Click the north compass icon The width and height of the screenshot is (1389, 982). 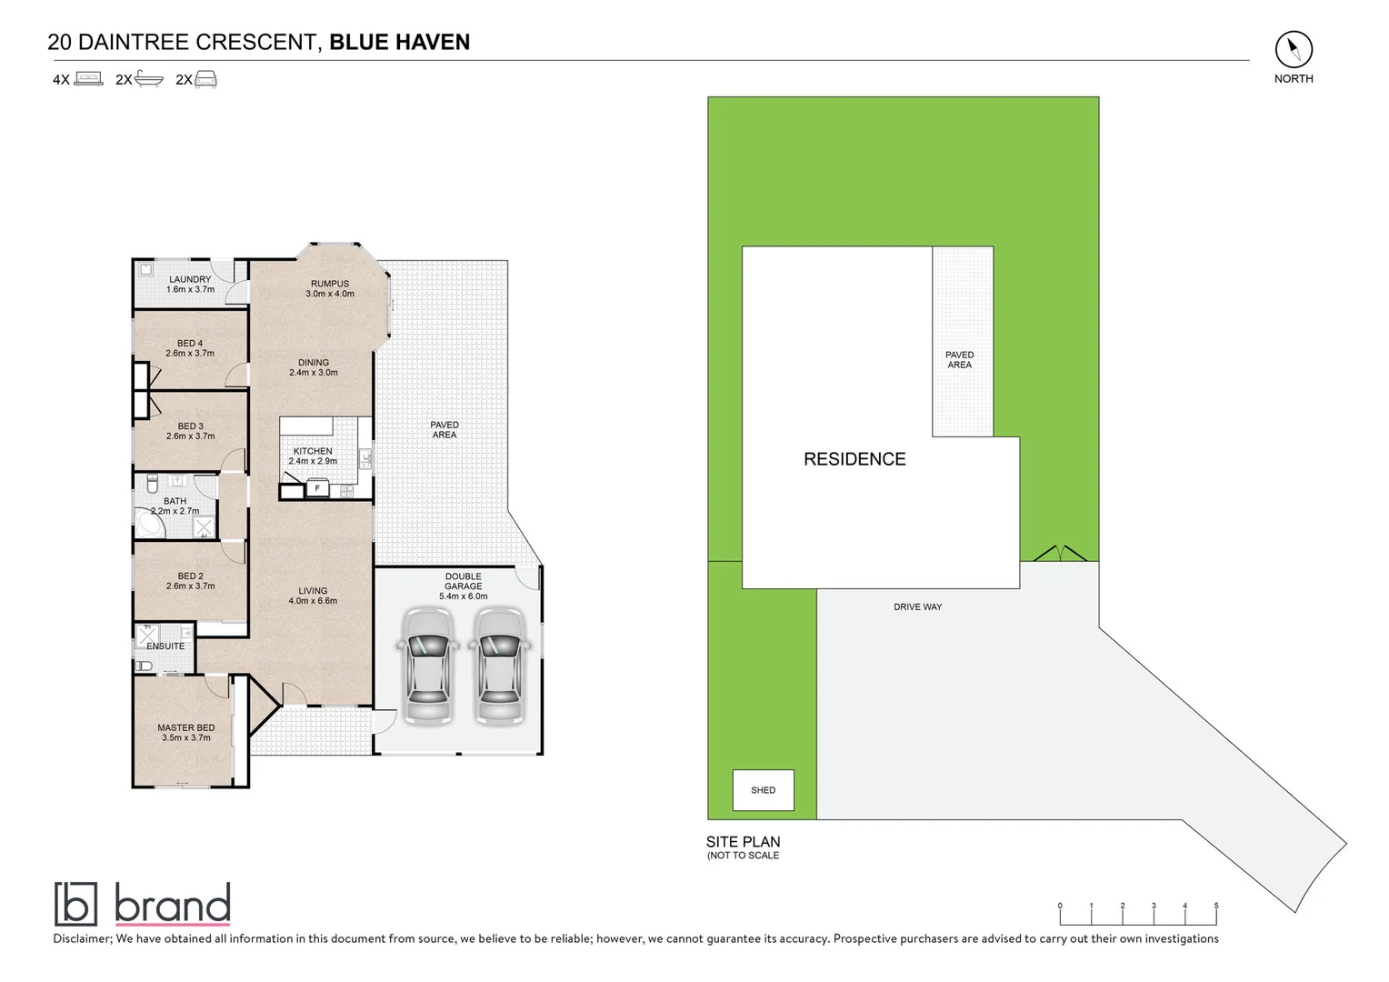pos(1293,49)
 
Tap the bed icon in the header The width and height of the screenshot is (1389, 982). pos(88,79)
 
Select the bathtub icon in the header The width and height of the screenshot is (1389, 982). pos(149,79)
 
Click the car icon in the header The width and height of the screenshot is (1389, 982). pos(206,79)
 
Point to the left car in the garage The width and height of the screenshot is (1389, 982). pos(426,666)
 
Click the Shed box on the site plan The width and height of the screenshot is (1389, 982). pos(763,790)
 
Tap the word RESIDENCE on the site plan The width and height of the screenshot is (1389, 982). pos(854,459)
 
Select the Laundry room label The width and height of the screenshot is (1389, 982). pos(190,279)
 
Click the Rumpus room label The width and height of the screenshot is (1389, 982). pos(329,284)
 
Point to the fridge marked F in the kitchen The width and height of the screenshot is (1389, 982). pos(317,489)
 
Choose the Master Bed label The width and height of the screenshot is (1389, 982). pos(186,727)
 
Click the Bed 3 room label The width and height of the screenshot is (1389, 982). pos(191,426)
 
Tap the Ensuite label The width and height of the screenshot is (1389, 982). pos(165,646)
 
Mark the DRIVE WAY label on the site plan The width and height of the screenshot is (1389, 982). pos(917,606)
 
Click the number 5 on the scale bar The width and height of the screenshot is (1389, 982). pos(1216,906)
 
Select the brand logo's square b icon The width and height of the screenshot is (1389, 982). pos(75,904)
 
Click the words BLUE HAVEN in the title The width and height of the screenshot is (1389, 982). pos(399,42)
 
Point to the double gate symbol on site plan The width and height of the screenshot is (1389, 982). pos(1060,553)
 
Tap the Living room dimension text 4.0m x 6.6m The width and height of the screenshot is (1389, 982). pos(313,601)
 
